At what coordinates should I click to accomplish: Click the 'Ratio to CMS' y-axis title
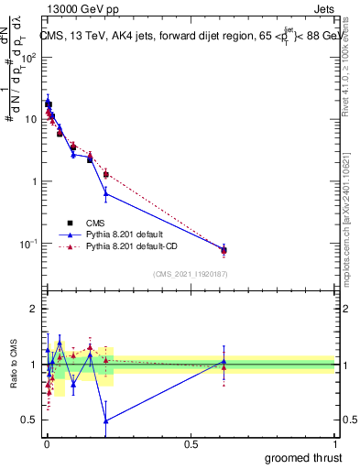[x=14, y=364]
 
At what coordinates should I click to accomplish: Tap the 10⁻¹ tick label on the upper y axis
[x=30, y=244]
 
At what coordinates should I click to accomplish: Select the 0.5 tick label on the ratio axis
[x=30, y=420]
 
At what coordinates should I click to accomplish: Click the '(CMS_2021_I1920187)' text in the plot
[x=191, y=274]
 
